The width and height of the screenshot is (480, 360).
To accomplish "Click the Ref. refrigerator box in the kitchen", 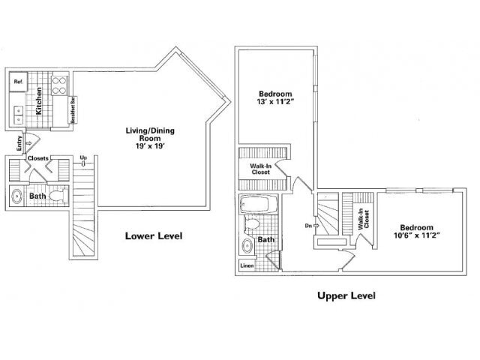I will pos(18,82).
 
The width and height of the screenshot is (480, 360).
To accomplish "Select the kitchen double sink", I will pos(18,115).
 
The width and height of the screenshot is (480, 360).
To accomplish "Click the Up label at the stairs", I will pos(84,157).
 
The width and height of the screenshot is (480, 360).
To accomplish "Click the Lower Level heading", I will pos(154,235).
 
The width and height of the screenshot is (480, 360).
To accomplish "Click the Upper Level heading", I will pos(346,295).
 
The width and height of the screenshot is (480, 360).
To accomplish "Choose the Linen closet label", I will pos(246,265).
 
